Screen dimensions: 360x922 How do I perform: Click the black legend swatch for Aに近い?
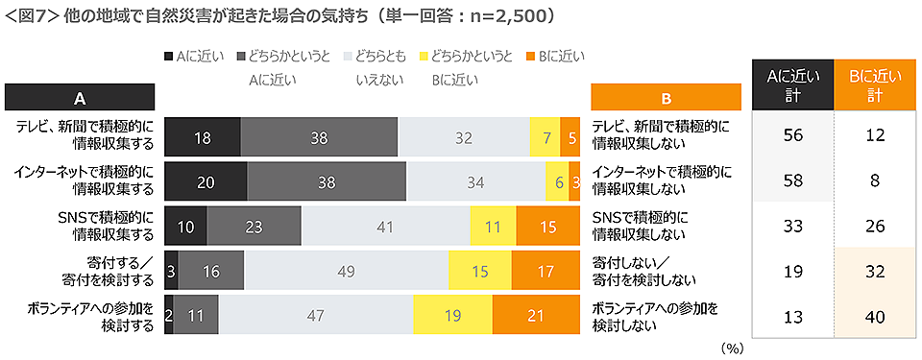point(169,57)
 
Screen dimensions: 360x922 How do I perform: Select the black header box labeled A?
point(80,97)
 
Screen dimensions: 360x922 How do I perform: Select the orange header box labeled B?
point(666,97)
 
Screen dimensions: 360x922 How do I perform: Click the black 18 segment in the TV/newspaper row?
point(203,137)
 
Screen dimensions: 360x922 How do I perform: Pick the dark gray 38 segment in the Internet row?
point(327,181)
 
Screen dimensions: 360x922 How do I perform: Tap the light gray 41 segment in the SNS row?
point(386,226)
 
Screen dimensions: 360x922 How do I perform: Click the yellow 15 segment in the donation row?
point(480,271)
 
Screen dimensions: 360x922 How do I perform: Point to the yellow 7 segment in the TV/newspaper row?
point(546,137)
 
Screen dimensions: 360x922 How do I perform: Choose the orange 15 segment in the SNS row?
point(547,226)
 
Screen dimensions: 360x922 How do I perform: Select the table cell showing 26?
point(874,226)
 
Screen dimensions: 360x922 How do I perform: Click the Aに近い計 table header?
point(792,84)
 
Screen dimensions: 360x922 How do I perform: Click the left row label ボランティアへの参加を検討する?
point(85,314)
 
